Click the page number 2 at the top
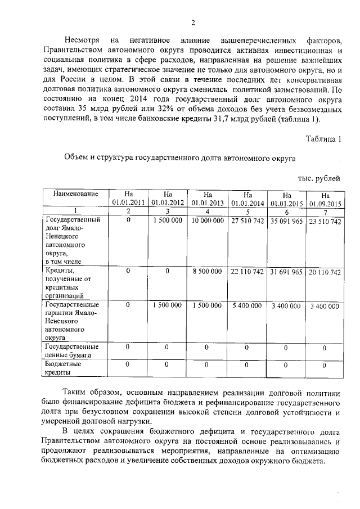(x=192, y=23)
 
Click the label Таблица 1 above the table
(x=323, y=138)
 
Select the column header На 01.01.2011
(x=128, y=198)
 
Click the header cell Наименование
(x=72, y=193)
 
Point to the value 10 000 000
(x=206, y=222)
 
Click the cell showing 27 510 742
(x=247, y=222)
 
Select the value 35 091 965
(x=286, y=222)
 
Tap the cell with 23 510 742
(x=325, y=222)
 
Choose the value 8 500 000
(x=206, y=272)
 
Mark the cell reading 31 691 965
(x=286, y=272)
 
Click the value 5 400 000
(x=247, y=305)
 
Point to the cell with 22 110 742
(x=247, y=272)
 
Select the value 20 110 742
(x=325, y=272)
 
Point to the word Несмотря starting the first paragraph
(x=82, y=41)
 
